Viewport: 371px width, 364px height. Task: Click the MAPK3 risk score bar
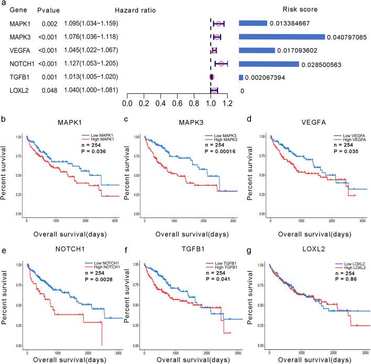pyautogui.click(x=281, y=37)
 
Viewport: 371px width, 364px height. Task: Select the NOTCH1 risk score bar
pyautogui.click(x=268, y=64)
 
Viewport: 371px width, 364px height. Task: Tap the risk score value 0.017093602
pyautogui.click(x=302, y=50)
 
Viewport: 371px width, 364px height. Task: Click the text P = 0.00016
pyautogui.click(x=217, y=149)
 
